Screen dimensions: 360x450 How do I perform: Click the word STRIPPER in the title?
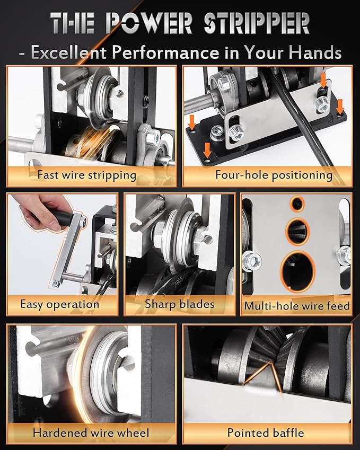tap(257, 23)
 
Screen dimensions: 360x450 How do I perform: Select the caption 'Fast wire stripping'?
tap(87, 175)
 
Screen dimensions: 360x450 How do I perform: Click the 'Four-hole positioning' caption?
tap(274, 175)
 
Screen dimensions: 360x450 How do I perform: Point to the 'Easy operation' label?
tap(60, 304)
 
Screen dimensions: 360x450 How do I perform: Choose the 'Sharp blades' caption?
tap(179, 304)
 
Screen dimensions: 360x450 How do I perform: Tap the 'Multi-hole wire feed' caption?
tap(297, 306)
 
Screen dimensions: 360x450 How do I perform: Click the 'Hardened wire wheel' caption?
tap(91, 433)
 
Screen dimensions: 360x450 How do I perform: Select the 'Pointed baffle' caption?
tap(266, 433)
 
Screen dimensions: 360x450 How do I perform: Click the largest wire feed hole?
tap(298, 271)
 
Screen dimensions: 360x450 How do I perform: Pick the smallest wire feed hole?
tap(297, 204)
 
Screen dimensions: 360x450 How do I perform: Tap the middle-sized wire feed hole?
tap(297, 232)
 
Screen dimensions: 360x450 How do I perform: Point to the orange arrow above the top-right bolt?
tap(323, 81)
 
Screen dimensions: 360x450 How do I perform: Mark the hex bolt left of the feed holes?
tap(251, 261)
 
